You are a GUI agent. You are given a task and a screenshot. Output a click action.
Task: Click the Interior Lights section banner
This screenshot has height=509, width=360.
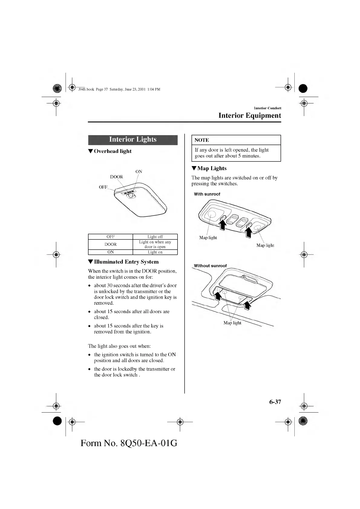(x=133, y=140)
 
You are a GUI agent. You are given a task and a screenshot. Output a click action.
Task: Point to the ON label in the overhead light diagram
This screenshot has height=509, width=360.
(x=139, y=171)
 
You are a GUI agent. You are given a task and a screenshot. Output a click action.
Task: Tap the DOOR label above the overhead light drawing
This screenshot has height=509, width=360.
(x=116, y=177)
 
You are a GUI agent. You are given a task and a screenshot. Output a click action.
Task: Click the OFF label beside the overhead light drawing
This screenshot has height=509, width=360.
(x=103, y=187)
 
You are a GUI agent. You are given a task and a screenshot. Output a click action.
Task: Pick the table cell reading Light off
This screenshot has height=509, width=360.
(x=155, y=237)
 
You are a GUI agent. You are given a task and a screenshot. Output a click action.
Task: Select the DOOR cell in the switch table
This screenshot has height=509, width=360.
(x=110, y=244)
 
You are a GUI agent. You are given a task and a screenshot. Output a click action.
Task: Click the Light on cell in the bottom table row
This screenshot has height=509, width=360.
(x=155, y=252)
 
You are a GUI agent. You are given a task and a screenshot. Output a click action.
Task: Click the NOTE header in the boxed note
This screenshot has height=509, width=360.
(x=202, y=140)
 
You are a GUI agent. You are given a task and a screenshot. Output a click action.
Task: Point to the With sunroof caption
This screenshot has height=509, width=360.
(x=207, y=194)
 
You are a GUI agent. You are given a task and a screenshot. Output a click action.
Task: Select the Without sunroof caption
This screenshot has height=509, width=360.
(x=210, y=266)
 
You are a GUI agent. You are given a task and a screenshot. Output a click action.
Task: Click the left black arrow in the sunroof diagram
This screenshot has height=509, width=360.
(x=222, y=225)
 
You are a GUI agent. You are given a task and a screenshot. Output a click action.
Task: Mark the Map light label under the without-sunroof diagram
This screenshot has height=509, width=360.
(x=232, y=323)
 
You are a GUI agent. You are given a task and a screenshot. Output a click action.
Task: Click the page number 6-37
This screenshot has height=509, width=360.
(x=275, y=402)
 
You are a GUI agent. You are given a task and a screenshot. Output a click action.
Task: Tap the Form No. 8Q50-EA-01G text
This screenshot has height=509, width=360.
(x=129, y=443)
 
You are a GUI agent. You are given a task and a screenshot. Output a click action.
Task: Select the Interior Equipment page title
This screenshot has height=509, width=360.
(x=250, y=115)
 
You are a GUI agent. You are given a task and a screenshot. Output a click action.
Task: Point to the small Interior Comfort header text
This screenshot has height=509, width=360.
(x=267, y=108)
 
